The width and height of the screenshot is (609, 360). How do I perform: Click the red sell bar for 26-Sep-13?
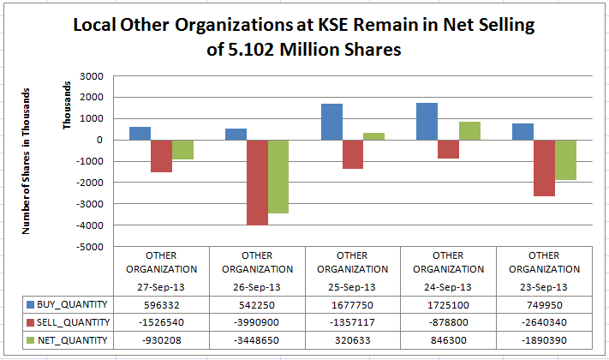tap(257, 182)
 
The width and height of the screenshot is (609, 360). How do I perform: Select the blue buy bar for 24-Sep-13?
tap(427, 121)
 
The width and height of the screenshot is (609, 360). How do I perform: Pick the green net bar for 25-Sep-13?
tap(373, 136)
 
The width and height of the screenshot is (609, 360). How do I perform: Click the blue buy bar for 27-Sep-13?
tap(140, 133)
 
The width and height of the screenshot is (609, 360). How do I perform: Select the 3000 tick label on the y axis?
tap(90, 76)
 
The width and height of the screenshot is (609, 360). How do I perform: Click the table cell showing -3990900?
tap(257, 321)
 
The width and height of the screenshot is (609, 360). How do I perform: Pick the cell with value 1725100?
tap(448, 303)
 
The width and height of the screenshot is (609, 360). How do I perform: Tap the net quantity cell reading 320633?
tap(352, 340)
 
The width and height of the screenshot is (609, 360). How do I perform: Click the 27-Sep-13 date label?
tap(161, 285)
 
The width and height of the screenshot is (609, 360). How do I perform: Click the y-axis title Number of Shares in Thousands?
tap(27, 160)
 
